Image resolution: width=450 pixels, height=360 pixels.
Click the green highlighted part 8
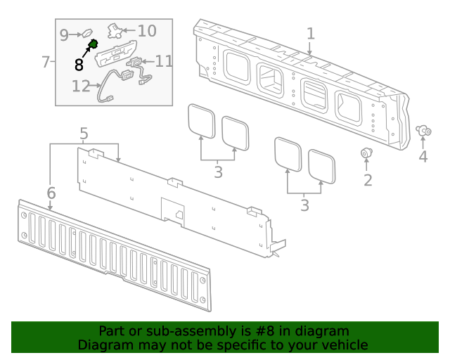coord(94,44)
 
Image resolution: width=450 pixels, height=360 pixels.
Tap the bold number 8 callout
coord(79,65)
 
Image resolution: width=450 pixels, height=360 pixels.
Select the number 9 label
coord(64,35)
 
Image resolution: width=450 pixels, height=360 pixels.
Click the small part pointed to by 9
coord(87,33)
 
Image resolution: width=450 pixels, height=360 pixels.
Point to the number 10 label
coord(147,31)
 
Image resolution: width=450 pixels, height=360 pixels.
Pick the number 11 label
coord(164,61)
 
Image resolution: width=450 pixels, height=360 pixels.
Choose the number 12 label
coord(81,86)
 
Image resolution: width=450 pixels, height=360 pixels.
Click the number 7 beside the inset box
coord(46,62)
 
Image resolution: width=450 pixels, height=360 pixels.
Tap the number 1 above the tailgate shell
coord(311,34)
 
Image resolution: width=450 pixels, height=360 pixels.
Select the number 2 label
coord(368,180)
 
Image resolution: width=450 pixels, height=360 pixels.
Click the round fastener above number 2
coord(366,153)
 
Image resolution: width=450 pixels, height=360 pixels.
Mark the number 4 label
coord(423,157)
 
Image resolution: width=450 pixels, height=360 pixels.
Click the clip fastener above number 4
coord(423,131)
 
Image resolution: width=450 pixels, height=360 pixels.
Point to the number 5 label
coord(84,134)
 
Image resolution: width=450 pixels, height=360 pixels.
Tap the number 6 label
coord(51,193)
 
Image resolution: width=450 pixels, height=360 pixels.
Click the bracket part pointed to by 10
coord(115,31)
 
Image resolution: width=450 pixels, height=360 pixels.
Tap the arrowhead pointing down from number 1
coord(309,52)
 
